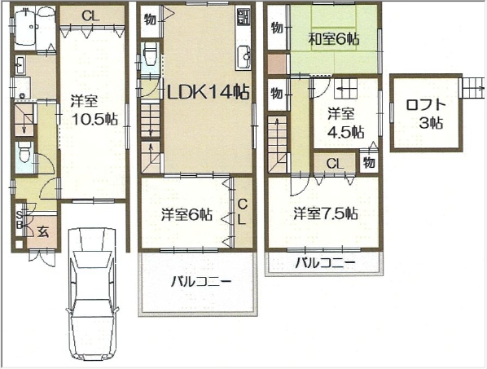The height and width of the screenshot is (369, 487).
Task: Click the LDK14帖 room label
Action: (x=208, y=92)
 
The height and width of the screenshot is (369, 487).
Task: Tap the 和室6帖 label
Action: (x=334, y=39)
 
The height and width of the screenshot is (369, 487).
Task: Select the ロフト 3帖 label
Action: (x=426, y=114)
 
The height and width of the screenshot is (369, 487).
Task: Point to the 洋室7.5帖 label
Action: (x=326, y=213)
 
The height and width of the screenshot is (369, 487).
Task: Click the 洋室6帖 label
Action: (x=187, y=214)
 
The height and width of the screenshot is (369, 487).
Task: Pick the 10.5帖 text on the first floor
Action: (x=94, y=118)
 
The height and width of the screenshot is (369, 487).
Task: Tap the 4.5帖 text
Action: (x=346, y=132)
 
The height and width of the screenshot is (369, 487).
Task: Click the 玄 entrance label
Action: (x=43, y=231)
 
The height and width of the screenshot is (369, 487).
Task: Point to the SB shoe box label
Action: (x=20, y=219)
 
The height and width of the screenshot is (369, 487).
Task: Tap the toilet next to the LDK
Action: (x=151, y=54)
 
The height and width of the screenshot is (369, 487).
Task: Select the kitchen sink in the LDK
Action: (x=243, y=57)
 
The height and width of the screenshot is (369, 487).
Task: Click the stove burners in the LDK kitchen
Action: (x=243, y=17)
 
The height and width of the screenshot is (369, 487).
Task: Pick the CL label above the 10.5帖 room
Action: (x=90, y=15)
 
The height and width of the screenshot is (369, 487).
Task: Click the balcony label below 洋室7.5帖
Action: (x=325, y=263)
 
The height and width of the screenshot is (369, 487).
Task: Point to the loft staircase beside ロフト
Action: (x=472, y=88)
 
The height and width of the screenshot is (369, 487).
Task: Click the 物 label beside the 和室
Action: (x=277, y=28)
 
